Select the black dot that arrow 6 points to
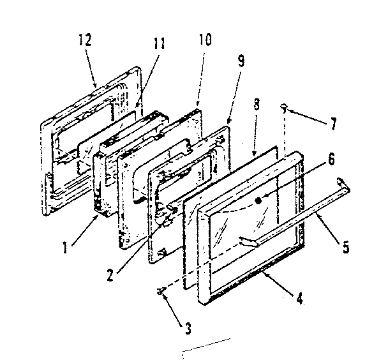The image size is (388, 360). coord(258,200)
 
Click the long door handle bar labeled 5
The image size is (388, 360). coord(300,214)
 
